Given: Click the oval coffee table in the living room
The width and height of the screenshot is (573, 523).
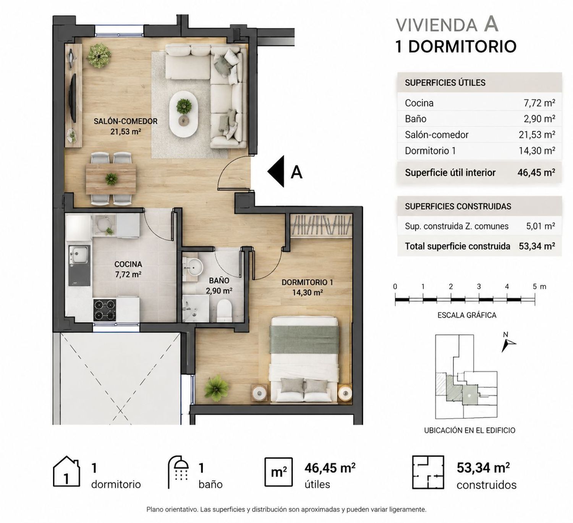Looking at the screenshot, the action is [183, 114].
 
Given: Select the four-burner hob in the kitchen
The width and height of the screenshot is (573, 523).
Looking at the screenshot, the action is [105, 309].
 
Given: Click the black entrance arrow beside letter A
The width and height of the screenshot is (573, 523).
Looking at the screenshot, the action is [276, 172].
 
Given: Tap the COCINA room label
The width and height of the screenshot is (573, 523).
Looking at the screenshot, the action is [128, 264].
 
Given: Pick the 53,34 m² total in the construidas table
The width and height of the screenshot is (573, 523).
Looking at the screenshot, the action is [537, 246].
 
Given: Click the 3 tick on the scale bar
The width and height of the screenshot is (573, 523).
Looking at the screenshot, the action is [479, 286].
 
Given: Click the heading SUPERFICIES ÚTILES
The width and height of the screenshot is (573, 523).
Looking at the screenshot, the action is [445, 83].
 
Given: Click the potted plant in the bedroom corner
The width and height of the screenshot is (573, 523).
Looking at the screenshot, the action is [217, 387].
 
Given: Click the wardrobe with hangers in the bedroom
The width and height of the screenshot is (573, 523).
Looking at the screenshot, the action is [320, 225].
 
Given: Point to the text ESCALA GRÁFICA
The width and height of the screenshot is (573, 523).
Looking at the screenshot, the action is [467, 315].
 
